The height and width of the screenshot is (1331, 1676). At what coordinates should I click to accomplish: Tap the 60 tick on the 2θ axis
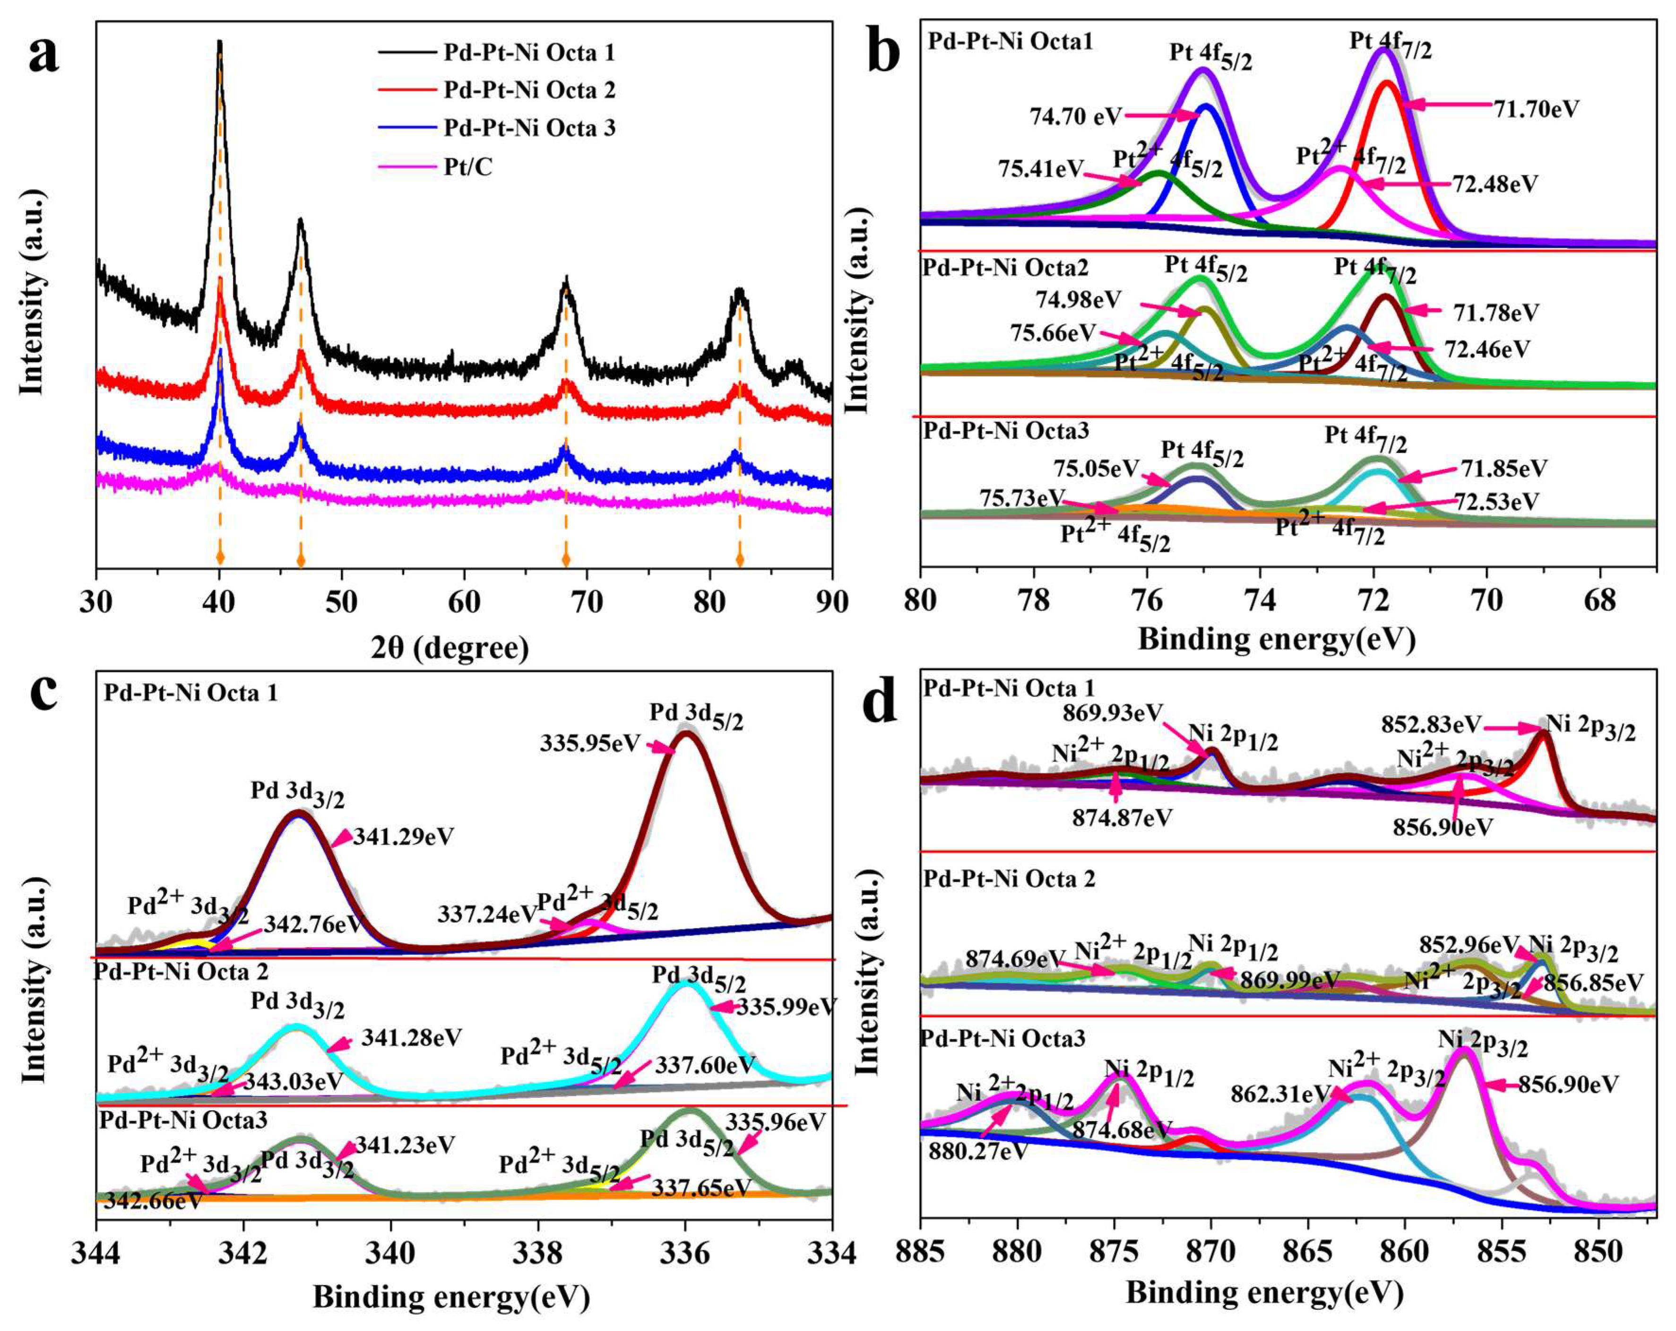[464, 603]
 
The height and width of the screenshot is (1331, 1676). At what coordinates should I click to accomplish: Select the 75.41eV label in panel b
[1041, 168]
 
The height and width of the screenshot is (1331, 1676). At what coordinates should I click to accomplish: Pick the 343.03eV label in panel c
[293, 1081]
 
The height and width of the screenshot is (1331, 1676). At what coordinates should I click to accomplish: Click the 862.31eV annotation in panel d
[1279, 1094]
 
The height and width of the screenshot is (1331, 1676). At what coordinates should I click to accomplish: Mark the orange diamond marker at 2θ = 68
[566, 559]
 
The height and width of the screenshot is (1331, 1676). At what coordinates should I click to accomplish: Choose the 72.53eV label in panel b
[1497, 502]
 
